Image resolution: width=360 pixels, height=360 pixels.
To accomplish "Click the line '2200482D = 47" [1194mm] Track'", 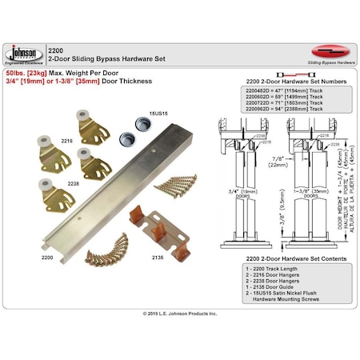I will pos(266,93).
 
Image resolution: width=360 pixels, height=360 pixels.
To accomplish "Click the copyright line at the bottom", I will pos(179,314).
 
